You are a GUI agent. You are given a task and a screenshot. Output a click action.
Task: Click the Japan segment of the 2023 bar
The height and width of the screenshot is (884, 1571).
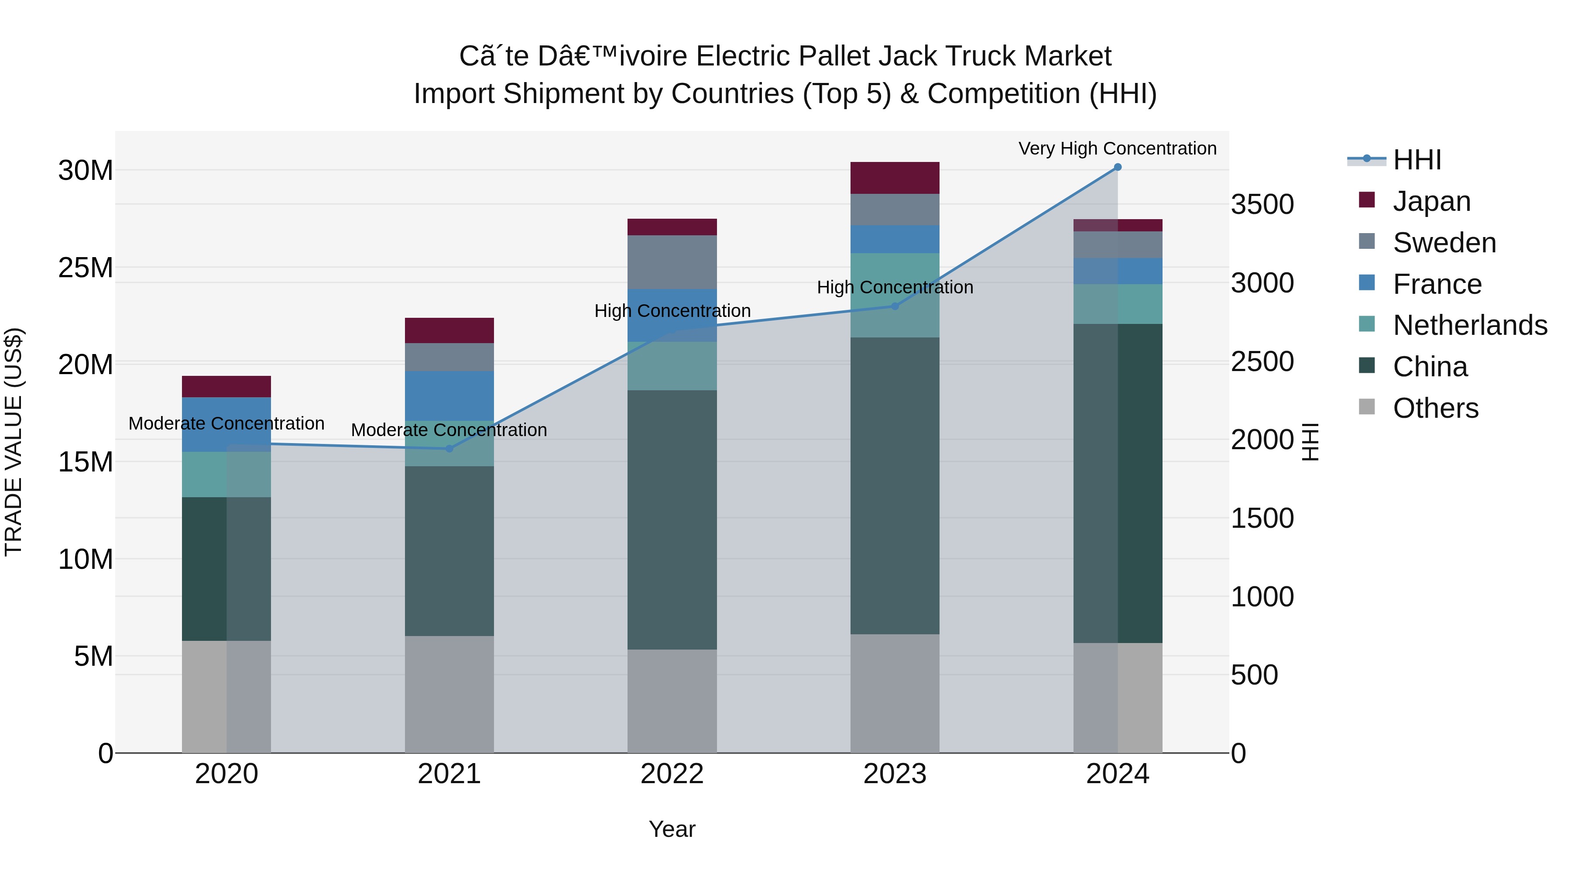tap(895, 178)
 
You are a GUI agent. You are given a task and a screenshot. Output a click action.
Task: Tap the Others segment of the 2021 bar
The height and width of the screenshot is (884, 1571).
tap(449, 694)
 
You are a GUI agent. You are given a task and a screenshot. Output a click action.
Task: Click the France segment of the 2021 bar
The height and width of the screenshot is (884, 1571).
tap(449, 396)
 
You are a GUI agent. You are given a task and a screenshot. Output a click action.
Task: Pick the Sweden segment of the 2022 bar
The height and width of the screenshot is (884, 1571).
tap(672, 262)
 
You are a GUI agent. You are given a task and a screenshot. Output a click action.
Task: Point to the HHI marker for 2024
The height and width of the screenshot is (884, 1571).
tap(1117, 167)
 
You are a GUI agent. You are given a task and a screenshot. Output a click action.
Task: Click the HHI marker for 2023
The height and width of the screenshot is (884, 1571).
tap(895, 306)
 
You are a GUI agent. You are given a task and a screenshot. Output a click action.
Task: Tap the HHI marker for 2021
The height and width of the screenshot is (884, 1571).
tap(449, 448)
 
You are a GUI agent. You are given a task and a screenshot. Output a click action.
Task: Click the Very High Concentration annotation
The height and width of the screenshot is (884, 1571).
tap(1117, 148)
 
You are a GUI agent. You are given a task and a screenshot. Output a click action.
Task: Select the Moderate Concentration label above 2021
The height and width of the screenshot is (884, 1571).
tap(449, 430)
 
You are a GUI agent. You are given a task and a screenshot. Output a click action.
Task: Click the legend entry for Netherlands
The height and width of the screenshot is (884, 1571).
tap(1469, 325)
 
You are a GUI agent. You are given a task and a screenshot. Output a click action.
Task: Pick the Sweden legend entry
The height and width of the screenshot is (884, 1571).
tap(1444, 243)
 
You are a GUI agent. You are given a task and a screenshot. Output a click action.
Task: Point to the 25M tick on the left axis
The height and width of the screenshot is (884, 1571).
tap(86, 268)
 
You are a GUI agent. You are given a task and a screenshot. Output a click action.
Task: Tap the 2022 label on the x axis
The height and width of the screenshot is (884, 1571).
tap(672, 774)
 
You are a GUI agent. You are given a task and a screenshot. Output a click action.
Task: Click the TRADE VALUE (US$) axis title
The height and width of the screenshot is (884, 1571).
tap(14, 442)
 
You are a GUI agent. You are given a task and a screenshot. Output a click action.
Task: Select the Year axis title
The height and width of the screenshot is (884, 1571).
tap(672, 829)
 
